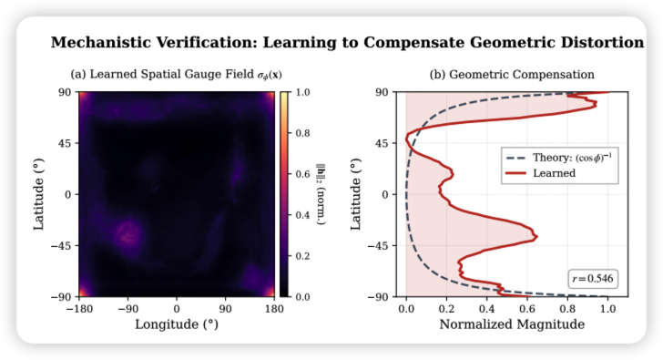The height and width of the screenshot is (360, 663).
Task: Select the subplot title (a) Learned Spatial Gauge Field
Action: click(177, 74)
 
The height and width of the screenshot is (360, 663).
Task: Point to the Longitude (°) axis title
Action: click(177, 324)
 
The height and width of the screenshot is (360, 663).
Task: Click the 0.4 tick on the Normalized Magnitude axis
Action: click(487, 308)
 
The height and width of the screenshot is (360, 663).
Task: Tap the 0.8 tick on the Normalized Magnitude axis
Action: click(567, 308)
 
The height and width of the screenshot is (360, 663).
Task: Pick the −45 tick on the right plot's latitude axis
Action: click(381, 245)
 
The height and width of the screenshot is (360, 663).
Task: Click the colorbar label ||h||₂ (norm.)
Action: click(321, 194)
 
